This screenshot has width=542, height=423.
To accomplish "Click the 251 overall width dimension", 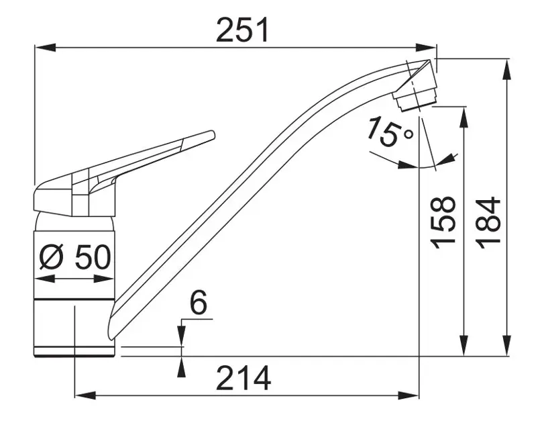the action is [242, 30].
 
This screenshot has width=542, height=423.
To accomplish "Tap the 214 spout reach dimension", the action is [243, 378].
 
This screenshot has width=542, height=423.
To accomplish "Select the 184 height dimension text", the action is [488, 224].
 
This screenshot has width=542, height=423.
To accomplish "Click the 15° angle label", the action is [390, 131].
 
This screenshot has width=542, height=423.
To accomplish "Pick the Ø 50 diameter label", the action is [75, 257].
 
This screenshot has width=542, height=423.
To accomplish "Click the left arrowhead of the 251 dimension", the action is [46, 48].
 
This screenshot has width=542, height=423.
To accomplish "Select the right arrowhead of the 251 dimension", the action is [426, 48].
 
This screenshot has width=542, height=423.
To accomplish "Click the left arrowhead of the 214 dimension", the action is [85, 395].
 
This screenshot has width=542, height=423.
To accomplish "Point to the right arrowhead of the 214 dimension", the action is [409, 395].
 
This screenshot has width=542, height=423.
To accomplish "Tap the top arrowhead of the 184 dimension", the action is [507, 70].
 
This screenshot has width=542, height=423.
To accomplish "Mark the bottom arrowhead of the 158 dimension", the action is [464, 345].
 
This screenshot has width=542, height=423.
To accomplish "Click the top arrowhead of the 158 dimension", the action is [464, 117].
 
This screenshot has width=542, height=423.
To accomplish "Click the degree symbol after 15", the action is [409, 134].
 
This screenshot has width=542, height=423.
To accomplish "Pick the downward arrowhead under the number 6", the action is [181, 336].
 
